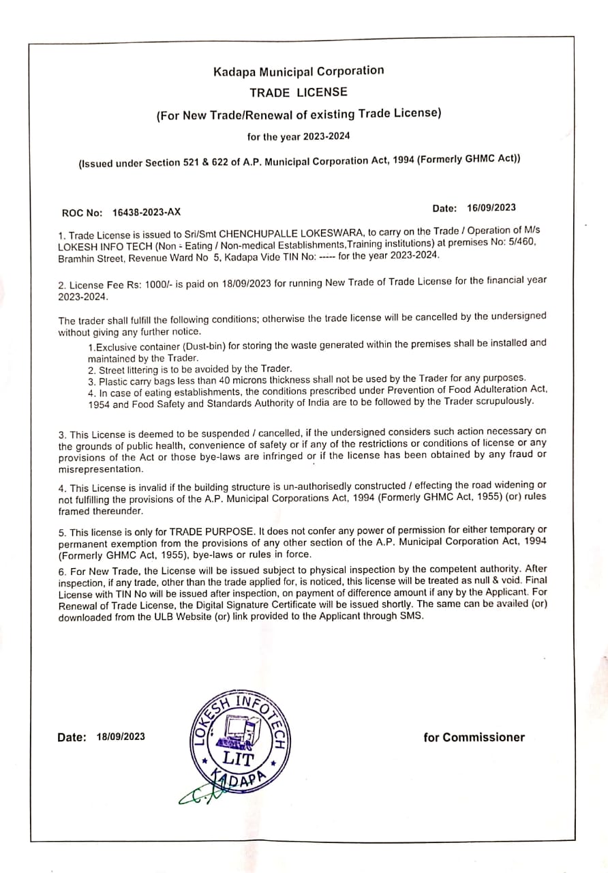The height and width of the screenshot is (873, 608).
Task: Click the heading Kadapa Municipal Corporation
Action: tap(299, 72)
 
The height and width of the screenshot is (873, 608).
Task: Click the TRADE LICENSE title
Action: tap(299, 92)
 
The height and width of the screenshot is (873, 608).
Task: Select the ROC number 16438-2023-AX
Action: tap(147, 213)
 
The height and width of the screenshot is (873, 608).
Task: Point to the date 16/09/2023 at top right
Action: tap(492, 208)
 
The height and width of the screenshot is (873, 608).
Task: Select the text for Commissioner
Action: tap(474, 737)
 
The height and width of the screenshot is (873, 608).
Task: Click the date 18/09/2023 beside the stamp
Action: tap(121, 737)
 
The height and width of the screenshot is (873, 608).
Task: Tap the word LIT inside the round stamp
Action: tap(238, 758)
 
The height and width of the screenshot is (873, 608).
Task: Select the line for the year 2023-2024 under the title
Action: tap(299, 136)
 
